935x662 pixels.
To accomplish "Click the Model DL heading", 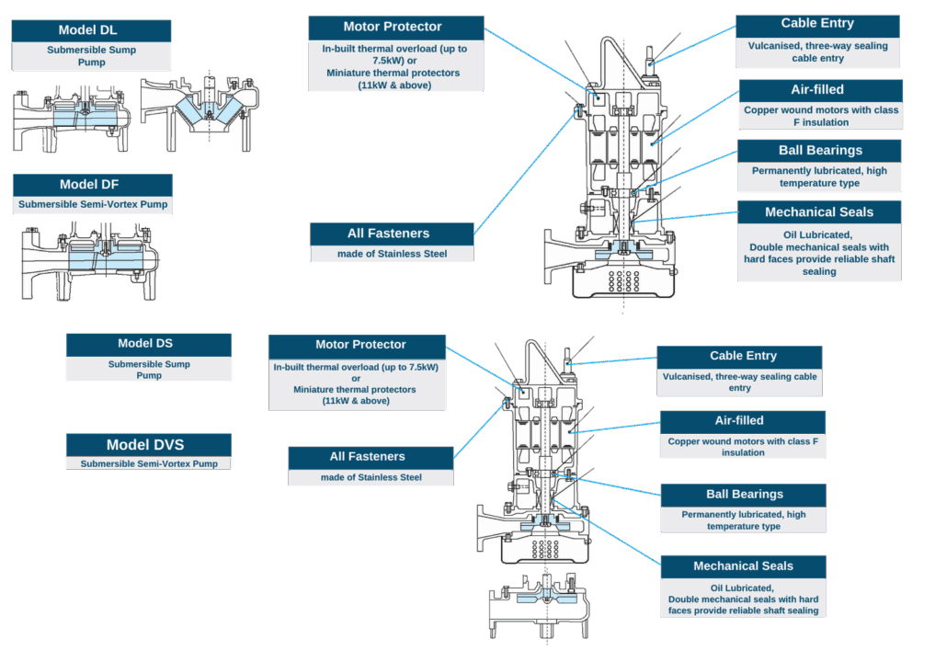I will click(x=91, y=30).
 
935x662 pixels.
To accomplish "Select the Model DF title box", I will click(x=93, y=184).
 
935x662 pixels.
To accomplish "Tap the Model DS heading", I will click(x=148, y=344).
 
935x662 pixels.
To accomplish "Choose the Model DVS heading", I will click(x=148, y=445).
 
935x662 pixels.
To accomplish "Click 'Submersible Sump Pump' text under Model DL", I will click(x=91, y=56).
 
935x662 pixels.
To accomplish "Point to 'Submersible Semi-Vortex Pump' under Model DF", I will click(x=93, y=204).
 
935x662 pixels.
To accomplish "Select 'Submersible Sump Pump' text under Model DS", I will click(x=148, y=370).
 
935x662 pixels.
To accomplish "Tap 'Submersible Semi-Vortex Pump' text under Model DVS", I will click(x=148, y=463).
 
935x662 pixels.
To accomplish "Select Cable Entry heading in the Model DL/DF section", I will click(x=816, y=24).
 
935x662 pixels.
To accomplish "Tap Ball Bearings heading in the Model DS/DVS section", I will click(x=744, y=495).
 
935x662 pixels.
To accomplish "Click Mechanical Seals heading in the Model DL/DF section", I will click(x=818, y=212).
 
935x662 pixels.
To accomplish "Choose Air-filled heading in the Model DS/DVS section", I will click(x=739, y=421).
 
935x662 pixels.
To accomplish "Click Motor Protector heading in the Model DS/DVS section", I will click(x=359, y=345).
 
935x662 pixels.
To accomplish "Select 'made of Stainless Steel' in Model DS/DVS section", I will click(x=371, y=477).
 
